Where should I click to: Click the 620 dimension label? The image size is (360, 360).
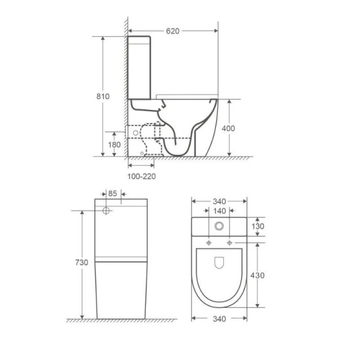coord(173,30)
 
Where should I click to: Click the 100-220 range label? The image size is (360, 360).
coord(142,176)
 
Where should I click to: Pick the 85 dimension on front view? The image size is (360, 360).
coord(112,194)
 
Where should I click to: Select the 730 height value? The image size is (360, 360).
coord(82,263)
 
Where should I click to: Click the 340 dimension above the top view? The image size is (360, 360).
coord(219,201)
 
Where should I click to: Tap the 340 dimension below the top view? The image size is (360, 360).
coord(219,319)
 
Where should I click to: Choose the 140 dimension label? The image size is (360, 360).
coord(219,211)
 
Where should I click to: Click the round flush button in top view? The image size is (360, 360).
coord(219,226)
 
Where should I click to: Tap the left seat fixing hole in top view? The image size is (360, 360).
coord(208,243)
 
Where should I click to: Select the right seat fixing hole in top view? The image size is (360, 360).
coord(230,243)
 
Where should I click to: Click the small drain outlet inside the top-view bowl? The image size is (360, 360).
coord(219,262)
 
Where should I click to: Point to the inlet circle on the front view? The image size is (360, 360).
coord(106,211)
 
